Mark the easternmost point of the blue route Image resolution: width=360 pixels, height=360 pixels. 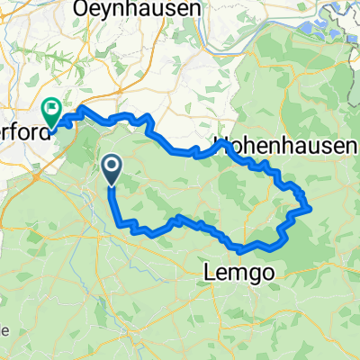tap(310, 208)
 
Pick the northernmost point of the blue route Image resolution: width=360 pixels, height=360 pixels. tap(84, 108)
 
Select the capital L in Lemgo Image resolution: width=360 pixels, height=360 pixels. tap(209, 269)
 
